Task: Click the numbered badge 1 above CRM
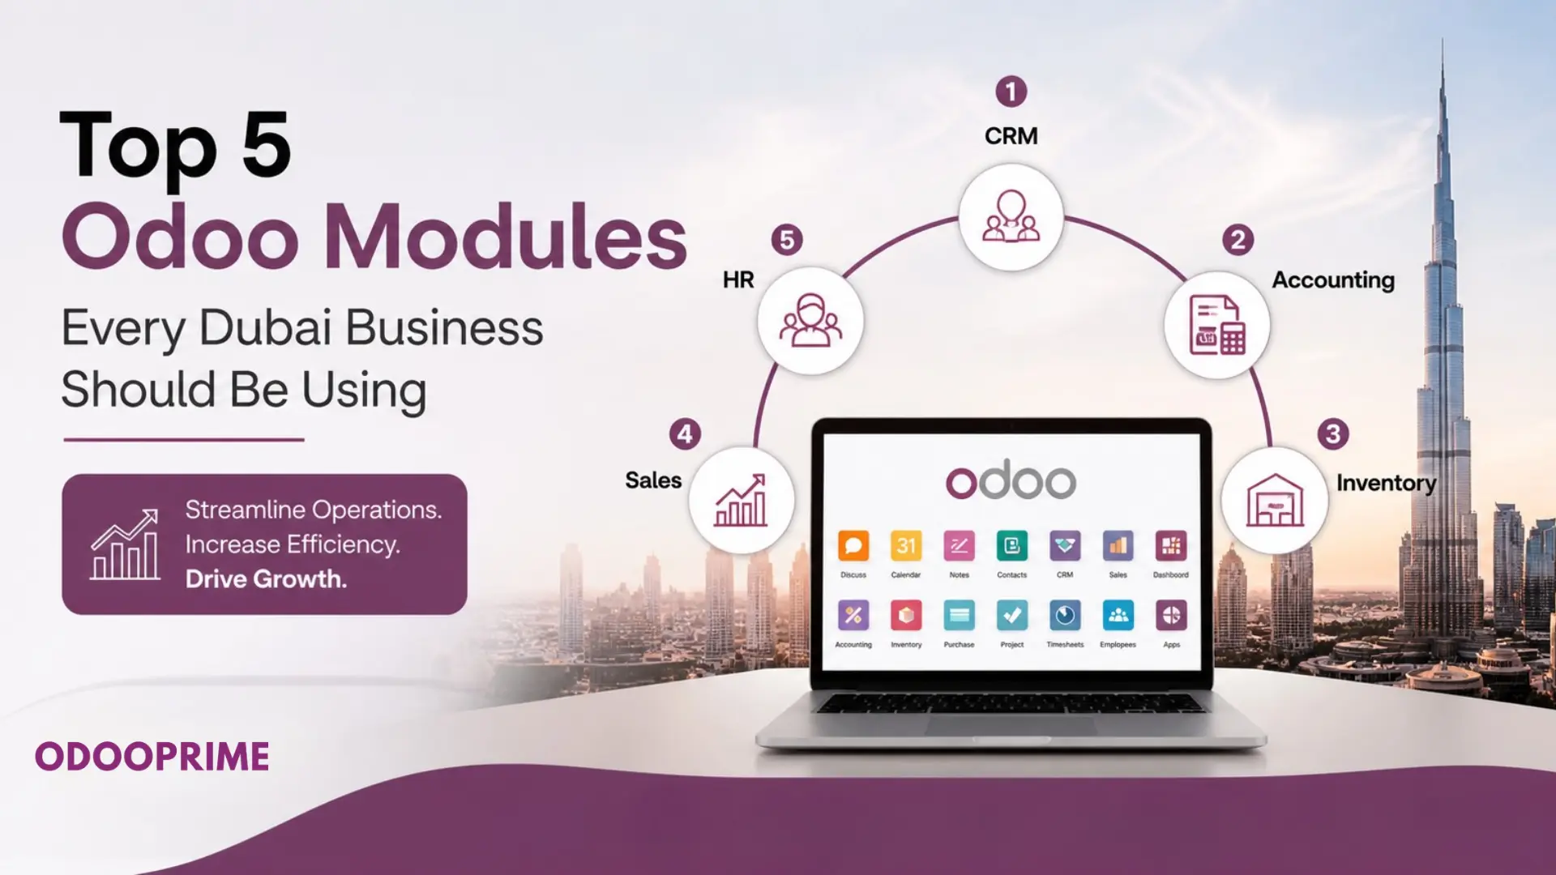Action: [x=1011, y=92]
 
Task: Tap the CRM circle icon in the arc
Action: [x=1011, y=217]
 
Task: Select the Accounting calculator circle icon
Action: [x=1216, y=324]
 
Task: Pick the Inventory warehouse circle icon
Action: [x=1275, y=500]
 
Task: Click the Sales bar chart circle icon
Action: [x=741, y=500]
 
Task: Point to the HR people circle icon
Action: [x=810, y=321]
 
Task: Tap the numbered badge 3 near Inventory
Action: [x=1332, y=434]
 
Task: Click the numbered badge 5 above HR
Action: [x=786, y=240]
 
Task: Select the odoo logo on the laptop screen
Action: [x=1011, y=480]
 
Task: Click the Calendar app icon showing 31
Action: [x=906, y=546]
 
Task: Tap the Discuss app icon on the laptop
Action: [x=853, y=546]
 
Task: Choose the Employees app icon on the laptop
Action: [x=1118, y=616]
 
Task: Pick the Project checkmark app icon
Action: [x=1012, y=616]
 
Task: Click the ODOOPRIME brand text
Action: [x=152, y=757]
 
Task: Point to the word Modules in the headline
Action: [x=506, y=237]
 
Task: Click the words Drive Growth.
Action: [x=266, y=578]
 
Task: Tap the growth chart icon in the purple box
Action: [x=125, y=544]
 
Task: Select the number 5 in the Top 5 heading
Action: [x=266, y=143]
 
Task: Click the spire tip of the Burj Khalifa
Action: [x=1443, y=39]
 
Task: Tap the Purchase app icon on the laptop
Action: [x=960, y=616]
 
